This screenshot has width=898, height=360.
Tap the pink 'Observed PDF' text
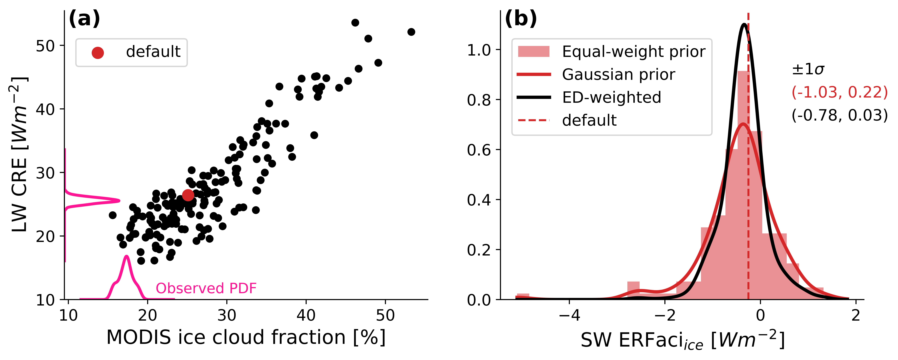(206, 288)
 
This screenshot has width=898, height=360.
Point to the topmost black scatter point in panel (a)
(355, 23)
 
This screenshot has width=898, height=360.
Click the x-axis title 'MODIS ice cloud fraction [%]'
(246, 337)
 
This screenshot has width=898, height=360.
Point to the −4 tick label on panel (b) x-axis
(569, 315)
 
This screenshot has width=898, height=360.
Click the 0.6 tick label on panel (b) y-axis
(479, 150)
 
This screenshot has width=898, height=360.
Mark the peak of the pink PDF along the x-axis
(126, 257)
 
